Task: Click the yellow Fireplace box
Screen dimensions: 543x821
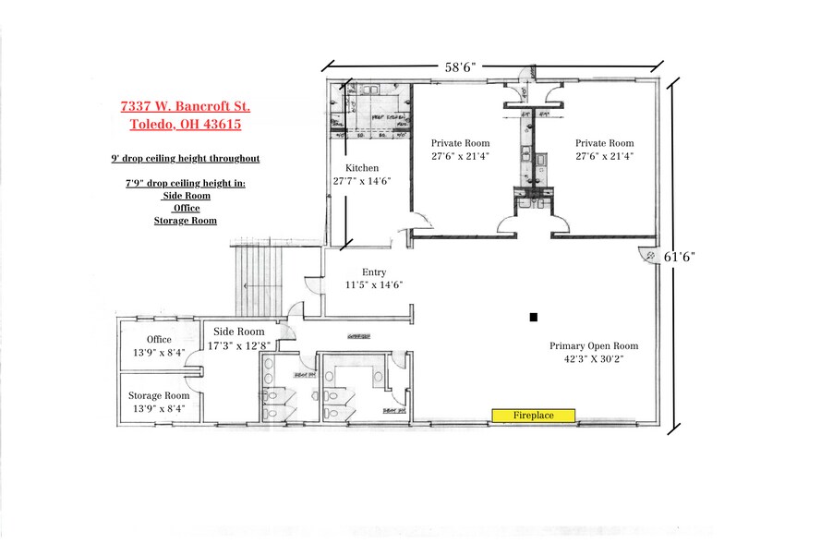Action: point(534,416)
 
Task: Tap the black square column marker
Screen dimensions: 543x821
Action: point(533,318)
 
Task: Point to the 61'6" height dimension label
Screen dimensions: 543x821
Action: point(679,258)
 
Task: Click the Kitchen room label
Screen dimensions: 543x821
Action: point(362,167)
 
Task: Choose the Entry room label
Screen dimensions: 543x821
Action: point(374,271)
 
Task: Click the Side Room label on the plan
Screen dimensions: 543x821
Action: point(238,332)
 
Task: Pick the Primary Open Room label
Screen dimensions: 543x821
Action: point(594,346)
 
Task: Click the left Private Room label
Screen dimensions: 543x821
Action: point(460,143)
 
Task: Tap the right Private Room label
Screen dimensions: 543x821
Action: point(604,143)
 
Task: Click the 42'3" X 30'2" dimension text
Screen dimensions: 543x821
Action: point(594,360)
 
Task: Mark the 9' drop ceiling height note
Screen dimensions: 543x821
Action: point(185,159)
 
